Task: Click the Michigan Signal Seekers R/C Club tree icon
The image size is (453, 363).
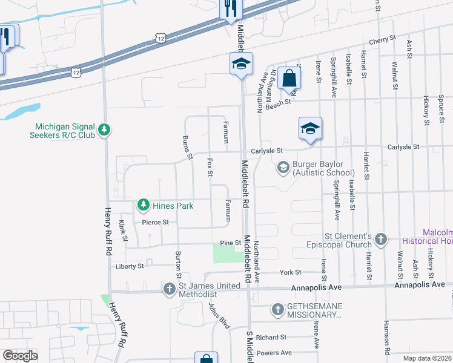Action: (104, 129)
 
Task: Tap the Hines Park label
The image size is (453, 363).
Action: (173, 206)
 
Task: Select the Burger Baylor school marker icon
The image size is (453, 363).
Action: (283, 168)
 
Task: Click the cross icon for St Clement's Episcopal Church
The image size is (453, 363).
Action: (380, 240)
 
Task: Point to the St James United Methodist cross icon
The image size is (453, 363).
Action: (170, 289)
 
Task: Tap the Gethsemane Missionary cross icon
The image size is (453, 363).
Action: (278, 310)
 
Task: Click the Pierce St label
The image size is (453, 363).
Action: (155, 222)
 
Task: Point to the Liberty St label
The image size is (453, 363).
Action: (129, 266)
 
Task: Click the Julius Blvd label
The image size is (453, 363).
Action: (219, 315)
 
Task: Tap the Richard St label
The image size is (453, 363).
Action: (271, 337)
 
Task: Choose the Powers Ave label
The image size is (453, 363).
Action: (274, 353)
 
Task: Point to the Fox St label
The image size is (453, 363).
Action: (210, 168)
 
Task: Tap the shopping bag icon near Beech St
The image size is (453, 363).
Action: (289, 78)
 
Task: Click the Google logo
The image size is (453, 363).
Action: (20, 356)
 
